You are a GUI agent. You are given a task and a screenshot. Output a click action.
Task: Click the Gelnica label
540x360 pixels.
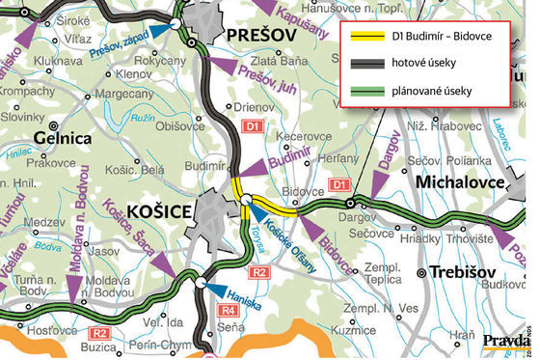(65, 138)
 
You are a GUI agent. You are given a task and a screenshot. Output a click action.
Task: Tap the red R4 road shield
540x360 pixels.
(227, 310)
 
